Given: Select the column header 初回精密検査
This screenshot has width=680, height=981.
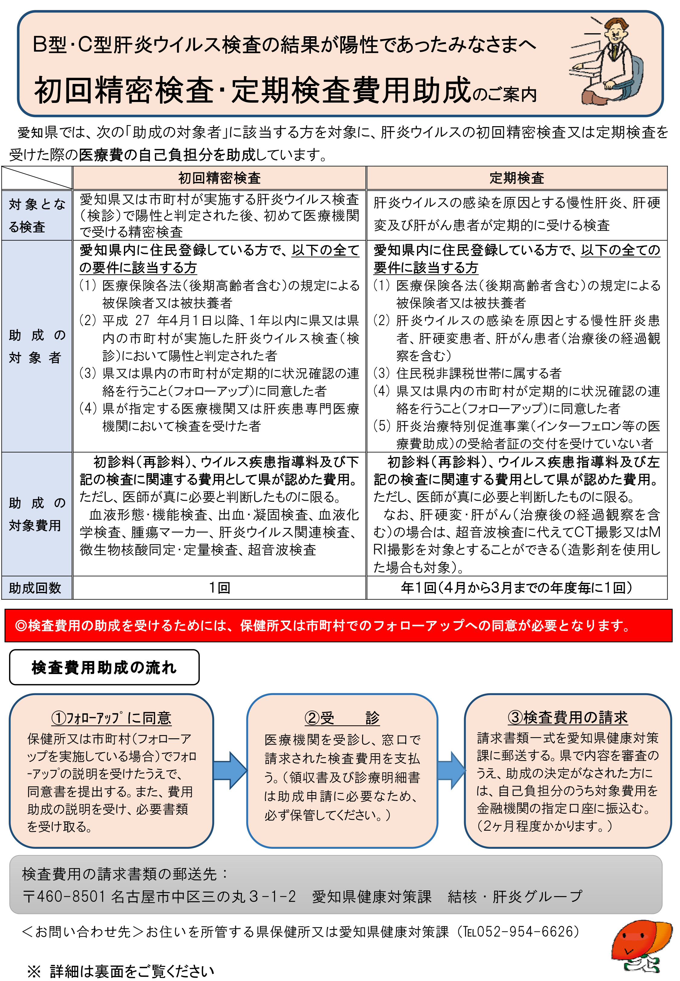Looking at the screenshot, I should pos(220,178).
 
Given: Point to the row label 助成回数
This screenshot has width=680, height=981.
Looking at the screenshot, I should pos(35,588).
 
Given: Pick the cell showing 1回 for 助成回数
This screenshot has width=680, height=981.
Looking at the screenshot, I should pos(220,588).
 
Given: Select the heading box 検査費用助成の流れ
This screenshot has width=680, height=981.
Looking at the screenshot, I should pos(104,667).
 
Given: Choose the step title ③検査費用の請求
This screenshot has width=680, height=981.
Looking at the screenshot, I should pos(568,717).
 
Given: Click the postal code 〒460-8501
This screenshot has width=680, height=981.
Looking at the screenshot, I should pos(64,896).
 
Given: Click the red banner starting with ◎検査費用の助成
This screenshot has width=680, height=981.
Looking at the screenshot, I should pos(338,626).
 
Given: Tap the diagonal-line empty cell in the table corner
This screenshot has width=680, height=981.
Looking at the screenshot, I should pos(37,178).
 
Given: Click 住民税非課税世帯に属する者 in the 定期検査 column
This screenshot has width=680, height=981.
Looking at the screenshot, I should pos(479,373).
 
